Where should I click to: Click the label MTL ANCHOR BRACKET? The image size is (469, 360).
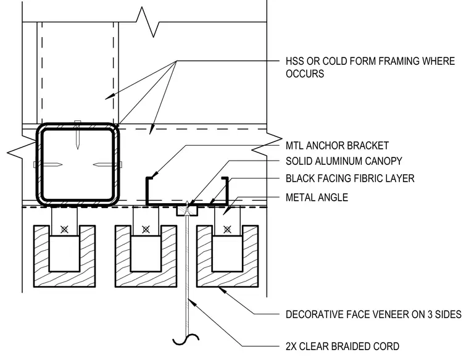(x=337, y=146)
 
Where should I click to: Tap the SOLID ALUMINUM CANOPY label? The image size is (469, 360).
(x=344, y=161)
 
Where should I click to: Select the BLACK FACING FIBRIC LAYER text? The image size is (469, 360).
(x=350, y=178)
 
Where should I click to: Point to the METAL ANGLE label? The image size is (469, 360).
(x=317, y=198)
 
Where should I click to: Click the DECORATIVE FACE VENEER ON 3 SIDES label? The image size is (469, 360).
(x=373, y=314)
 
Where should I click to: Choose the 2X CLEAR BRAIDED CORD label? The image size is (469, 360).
(x=342, y=346)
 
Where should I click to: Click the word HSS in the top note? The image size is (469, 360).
(x=296, y=61)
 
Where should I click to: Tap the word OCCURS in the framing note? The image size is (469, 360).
(x=305, y=73)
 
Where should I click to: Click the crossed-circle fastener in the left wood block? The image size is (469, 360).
(x=64, y=230)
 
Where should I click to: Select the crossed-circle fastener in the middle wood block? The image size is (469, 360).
(x=146, y=230)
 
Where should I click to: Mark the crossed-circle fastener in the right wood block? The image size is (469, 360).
(x=227, y=230)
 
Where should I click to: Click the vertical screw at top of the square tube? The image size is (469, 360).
(x=78, y=135)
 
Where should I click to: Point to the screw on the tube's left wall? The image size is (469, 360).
(x=48, y=165)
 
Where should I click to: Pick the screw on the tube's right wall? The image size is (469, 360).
(x=107, y=164)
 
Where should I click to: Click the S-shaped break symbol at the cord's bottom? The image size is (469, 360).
(x=186, y=340)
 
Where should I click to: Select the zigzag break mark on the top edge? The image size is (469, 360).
(x=147, y=22)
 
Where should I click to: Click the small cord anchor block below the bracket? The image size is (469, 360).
(x=187, y=211)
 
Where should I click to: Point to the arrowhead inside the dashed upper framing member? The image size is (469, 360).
(x=110, y=96)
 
